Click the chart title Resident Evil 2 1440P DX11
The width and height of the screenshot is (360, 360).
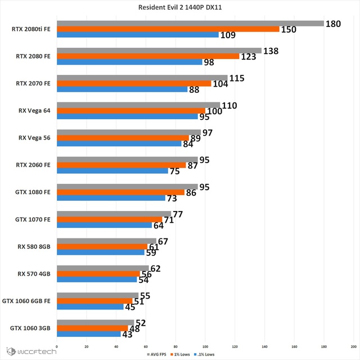pos(180,7)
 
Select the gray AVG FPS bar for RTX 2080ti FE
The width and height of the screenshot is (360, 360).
pos(190,24)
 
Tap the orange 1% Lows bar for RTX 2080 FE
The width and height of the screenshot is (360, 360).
pos(148,56)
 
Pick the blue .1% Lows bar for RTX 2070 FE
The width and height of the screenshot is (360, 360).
pos(122,89)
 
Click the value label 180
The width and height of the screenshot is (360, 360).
pos(333,24)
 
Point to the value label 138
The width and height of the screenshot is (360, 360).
pos(271,51)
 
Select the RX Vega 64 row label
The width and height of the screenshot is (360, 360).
pos(34,111)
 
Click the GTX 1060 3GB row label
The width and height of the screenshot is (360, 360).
pos(30,328)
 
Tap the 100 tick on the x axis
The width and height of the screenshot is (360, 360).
pos(205,346)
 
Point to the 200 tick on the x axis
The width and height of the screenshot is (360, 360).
pos(354,346)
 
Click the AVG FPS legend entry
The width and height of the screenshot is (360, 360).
pos(156,354)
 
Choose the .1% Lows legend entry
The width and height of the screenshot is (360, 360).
pos(204,354)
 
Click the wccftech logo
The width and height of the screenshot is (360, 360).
pos(31,352)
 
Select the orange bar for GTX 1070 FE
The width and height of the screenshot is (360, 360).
pos(110,219)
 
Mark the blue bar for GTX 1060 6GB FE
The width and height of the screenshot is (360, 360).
pos(90,307)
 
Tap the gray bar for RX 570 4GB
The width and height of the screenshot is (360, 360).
pos(103,268)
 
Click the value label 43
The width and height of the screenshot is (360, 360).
pos(128,335)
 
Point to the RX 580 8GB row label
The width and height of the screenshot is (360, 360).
pos(34,246)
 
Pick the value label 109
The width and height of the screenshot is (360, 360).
pos(228,35)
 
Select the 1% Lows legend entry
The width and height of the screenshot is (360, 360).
pos(180,354)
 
